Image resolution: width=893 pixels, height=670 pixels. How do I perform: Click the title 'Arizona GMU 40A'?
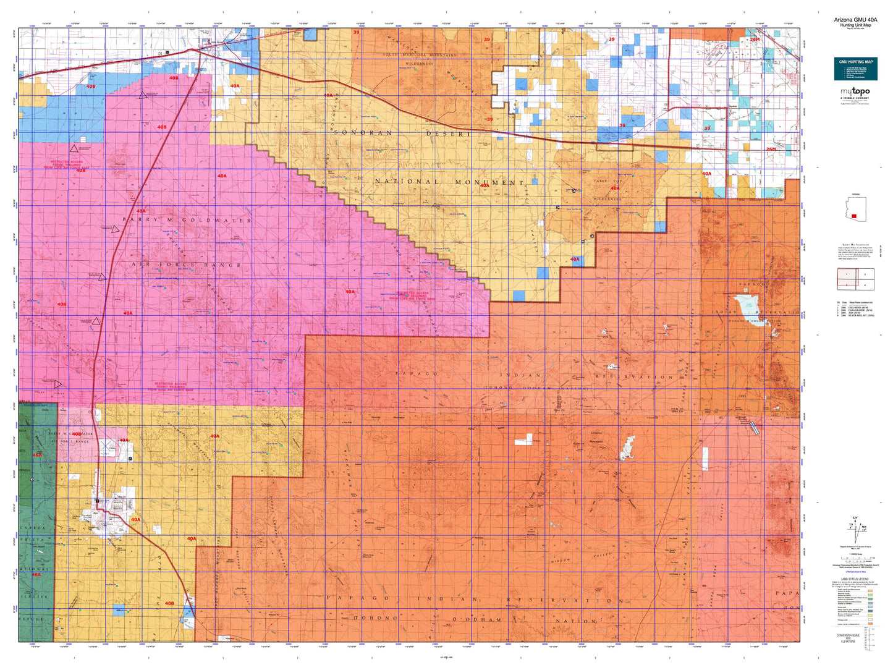pos(855,19)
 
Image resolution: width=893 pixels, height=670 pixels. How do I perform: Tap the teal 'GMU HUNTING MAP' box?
pos(855,68)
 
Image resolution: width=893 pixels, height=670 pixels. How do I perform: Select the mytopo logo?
pos(855,93)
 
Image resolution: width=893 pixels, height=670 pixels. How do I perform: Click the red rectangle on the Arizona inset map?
pos(853,216)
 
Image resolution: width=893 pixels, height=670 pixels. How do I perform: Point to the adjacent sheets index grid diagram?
pos(855,279)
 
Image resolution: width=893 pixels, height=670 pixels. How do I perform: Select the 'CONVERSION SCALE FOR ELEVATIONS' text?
pos(848,637)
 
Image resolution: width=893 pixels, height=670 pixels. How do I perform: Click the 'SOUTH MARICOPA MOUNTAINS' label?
pos(420,55)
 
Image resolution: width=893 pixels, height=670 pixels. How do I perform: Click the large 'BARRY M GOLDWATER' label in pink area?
pos(187,220)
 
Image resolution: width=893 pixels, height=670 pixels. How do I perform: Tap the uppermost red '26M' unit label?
pos(754,39)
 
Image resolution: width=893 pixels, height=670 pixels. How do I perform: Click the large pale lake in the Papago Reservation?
pos(746,305)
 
